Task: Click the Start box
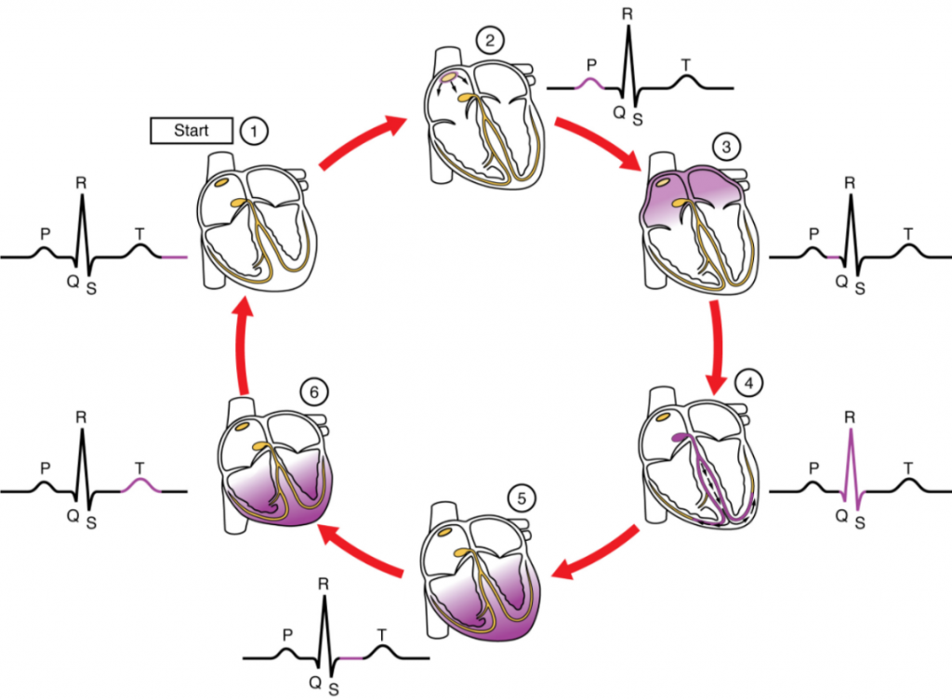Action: [x=192, y=131]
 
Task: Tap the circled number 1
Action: [x=252, y=131]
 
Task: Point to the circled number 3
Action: [x=722, y=146]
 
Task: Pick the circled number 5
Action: [x=522, y=498]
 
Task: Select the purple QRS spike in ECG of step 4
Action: [x=850, y=465]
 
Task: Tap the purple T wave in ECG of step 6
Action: [x=139, y=483]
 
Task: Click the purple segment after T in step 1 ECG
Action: [x=173, y=256]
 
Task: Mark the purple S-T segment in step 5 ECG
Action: [x=351, y=658]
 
